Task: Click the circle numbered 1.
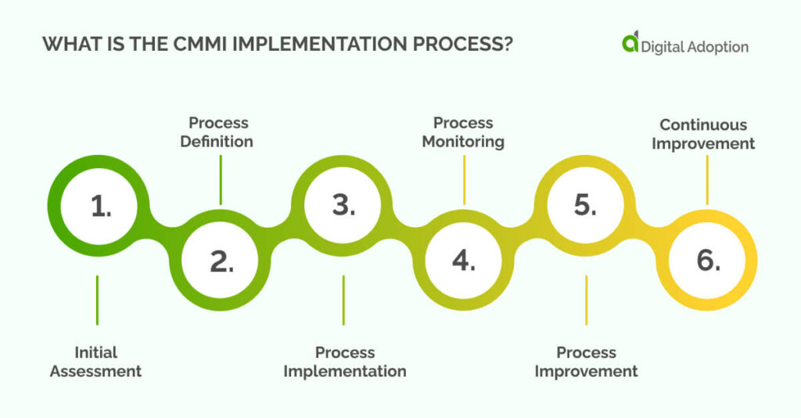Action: point(100,206)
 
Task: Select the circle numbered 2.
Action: point(221,261)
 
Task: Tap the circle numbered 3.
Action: point(343,206)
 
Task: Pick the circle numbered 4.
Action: point(464,261)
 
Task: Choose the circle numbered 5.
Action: point(586,206)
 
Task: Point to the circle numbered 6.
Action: point(707,261)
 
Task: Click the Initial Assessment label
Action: point(96,362)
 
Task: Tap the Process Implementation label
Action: point(345,362)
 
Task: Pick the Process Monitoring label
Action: point(463,132)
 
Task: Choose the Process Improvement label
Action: point(586,362)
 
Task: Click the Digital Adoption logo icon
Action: point(630,44)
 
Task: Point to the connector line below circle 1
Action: point(97,299)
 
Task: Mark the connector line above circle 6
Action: point(707,179)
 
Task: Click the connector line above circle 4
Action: point(464,179)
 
